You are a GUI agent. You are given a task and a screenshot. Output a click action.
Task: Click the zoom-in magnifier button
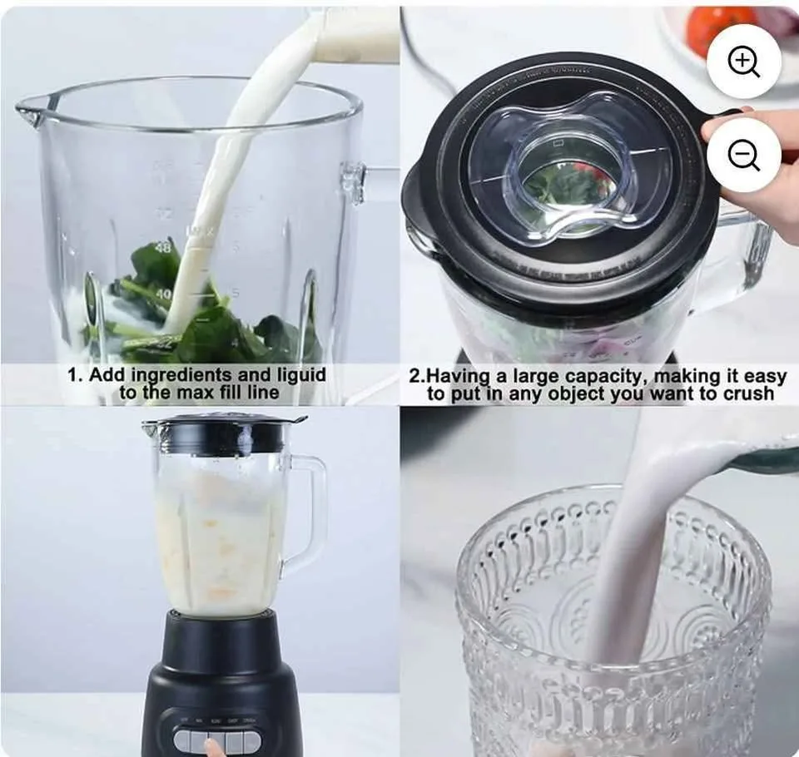tap(743, 62)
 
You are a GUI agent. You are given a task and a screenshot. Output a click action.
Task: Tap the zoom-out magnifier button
tap(743, 155)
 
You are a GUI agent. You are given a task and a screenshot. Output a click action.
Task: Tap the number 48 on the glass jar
tap(162, 247)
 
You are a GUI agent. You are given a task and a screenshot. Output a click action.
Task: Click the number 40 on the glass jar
tap(162, 294)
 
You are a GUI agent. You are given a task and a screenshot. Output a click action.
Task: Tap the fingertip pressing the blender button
tap(216, 748)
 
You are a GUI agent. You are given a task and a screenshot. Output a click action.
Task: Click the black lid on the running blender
tap(225, 433)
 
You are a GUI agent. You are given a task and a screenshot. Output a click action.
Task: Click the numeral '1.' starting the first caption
tap(73, 374)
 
